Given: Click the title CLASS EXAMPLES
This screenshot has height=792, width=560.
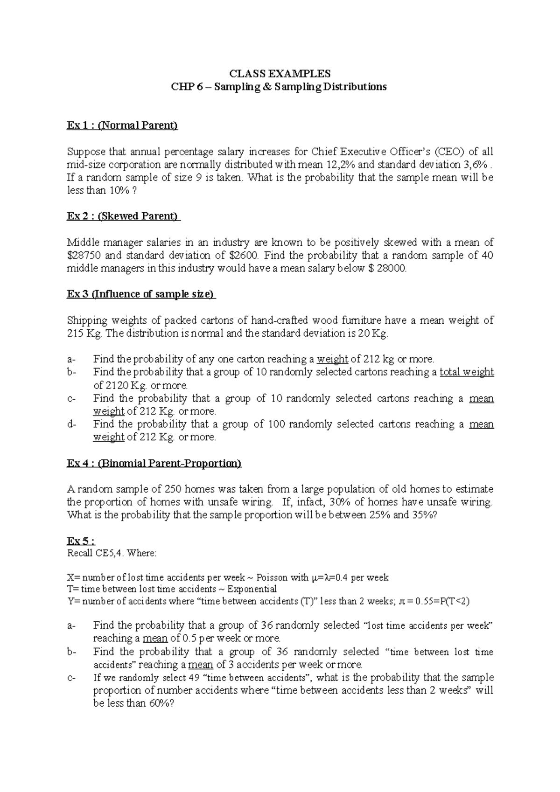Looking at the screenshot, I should click(x=280, y=74).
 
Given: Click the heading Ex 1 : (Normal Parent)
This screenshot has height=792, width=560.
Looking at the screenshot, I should click(x=123, y=125).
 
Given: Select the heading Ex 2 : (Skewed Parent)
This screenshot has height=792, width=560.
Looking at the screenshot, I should click(x=124, y=216).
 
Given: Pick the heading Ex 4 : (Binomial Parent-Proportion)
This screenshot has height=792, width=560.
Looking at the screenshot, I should click(x=154, y=463).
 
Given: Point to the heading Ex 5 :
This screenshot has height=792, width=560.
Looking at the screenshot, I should click(x=81, y=541).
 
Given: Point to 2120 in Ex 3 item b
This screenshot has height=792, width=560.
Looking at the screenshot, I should click(x=117, y=385).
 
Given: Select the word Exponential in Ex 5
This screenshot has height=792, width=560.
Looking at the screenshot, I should click(x=252, y=589).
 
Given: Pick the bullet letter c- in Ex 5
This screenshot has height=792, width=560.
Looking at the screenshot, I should click(x=72, y=678).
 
